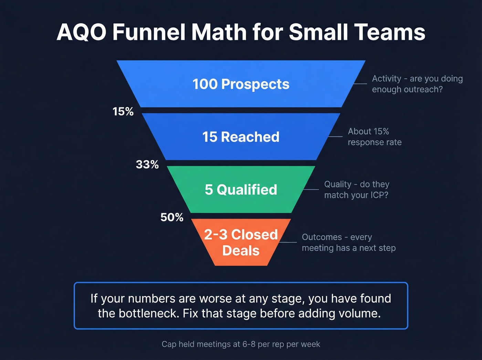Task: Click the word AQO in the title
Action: pos(82,32)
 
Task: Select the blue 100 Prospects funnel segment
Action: pos(241,84)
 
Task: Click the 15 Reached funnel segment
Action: pos(241,137)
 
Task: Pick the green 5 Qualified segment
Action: pos(241,190)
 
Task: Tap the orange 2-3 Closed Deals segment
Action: pos(241,243)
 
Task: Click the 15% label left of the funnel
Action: pos(123,112)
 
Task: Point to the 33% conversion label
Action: pos(147,165)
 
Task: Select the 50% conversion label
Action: pos(172,217)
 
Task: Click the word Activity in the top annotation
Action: pos(386,79)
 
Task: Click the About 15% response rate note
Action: pos(374,137)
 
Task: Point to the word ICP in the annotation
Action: pos(377,195)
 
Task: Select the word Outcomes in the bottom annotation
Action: pos(322,237)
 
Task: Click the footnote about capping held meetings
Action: pos(241,344)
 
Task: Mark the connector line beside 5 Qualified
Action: pos(311,189)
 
